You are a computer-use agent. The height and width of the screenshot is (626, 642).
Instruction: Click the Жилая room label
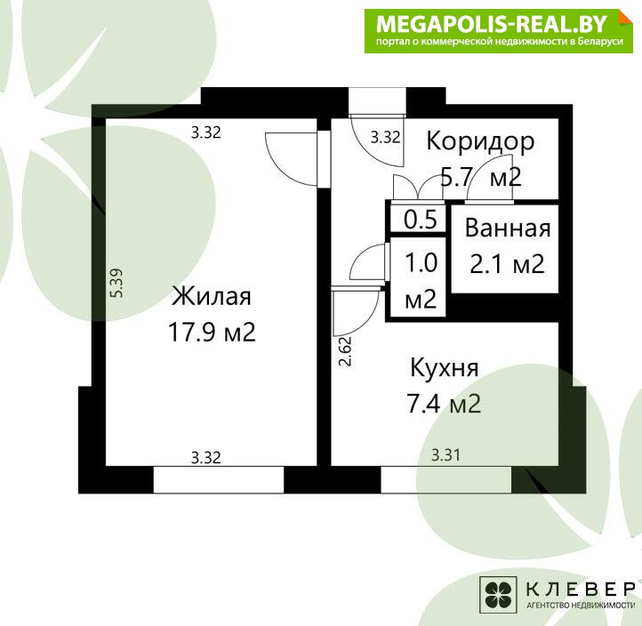pos(212,296)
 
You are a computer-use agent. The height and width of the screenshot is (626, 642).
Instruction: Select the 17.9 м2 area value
pos(212,332)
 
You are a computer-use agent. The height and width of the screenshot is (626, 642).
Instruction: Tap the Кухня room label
pos(445,367)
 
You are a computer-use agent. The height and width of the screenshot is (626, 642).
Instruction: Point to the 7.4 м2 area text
pos(444,404)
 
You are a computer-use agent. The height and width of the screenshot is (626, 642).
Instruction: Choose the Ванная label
pos(508,228)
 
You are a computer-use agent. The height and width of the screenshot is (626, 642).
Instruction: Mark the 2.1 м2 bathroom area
pos(507,264)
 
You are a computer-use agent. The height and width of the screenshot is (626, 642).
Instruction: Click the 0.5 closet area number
pos(421,220)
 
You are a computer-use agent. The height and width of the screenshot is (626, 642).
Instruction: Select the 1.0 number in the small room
pos(421,262)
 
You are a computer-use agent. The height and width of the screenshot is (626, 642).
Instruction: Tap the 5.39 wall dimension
pos(116,283)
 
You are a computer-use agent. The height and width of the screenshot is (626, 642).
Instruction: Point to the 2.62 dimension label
pos(345,351)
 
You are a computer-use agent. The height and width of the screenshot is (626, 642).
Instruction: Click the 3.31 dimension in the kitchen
pos(445,455)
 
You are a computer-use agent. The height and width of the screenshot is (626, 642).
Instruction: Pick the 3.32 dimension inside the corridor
pos(385,137)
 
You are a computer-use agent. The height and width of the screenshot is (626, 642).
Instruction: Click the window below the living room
pos(218,479)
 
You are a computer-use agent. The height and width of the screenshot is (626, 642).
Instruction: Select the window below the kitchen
pos(446,479)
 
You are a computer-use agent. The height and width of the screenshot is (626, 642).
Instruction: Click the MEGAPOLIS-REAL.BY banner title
pos(492,24)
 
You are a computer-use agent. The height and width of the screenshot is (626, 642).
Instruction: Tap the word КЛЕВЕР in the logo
pos(580,590)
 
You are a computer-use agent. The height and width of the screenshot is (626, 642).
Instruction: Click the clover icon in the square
pos(498,595)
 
